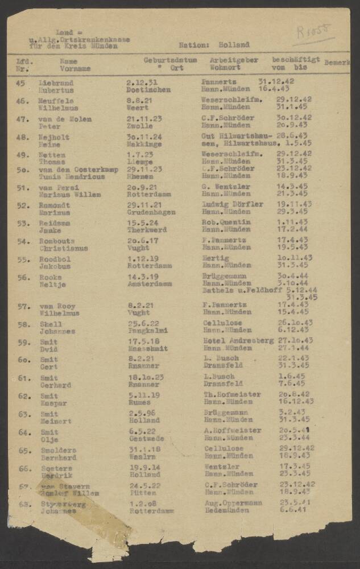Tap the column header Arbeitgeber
[x=234, y=60]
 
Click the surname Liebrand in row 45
[x=55, y=82]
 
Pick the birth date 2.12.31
[x=138, y=82]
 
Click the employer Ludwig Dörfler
[x=233, y=204]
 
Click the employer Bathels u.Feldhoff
[x=238, y=290]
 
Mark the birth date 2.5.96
[x=138, y=414]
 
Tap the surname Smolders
[x=57, y=450]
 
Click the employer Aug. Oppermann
[x=233, y=503]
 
